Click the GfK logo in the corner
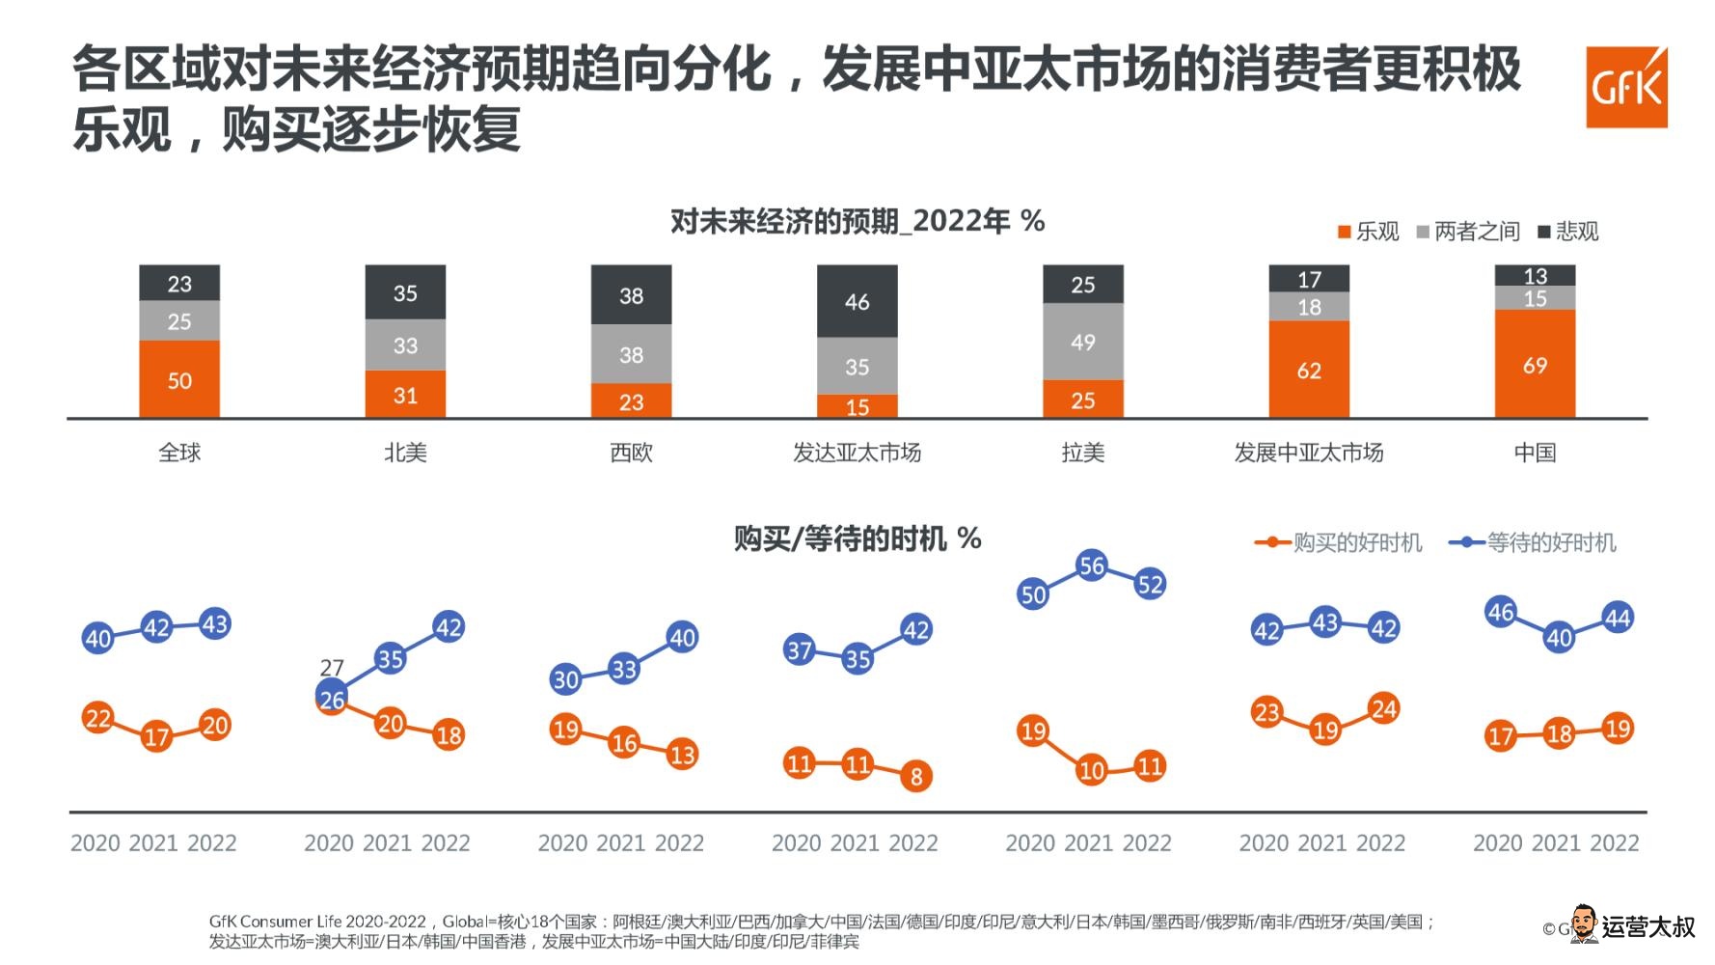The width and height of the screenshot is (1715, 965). point(1626,87)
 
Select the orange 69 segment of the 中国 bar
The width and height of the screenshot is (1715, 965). point(1535,365)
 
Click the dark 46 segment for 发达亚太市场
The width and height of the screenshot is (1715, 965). point(857,301)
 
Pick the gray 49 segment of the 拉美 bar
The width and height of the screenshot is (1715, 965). point(1082,342)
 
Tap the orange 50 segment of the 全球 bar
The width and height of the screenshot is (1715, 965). point(179,379)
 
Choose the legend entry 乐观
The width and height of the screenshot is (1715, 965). point(1369,232)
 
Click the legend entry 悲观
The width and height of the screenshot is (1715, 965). point(1568,232)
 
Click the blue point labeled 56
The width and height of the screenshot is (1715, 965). point(1091,565)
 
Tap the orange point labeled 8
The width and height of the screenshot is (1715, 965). point(915,775)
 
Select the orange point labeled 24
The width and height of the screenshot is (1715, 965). point(1383,709)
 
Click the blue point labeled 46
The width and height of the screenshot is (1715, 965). point(1500,612)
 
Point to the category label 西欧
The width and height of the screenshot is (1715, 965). point(631,453)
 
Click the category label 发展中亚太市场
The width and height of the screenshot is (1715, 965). point(1308,453)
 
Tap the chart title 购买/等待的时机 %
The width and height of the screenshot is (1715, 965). point(857,538)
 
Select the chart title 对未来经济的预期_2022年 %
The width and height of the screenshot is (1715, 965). point(857,222)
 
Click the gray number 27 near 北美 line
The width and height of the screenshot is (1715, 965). point(332,668)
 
